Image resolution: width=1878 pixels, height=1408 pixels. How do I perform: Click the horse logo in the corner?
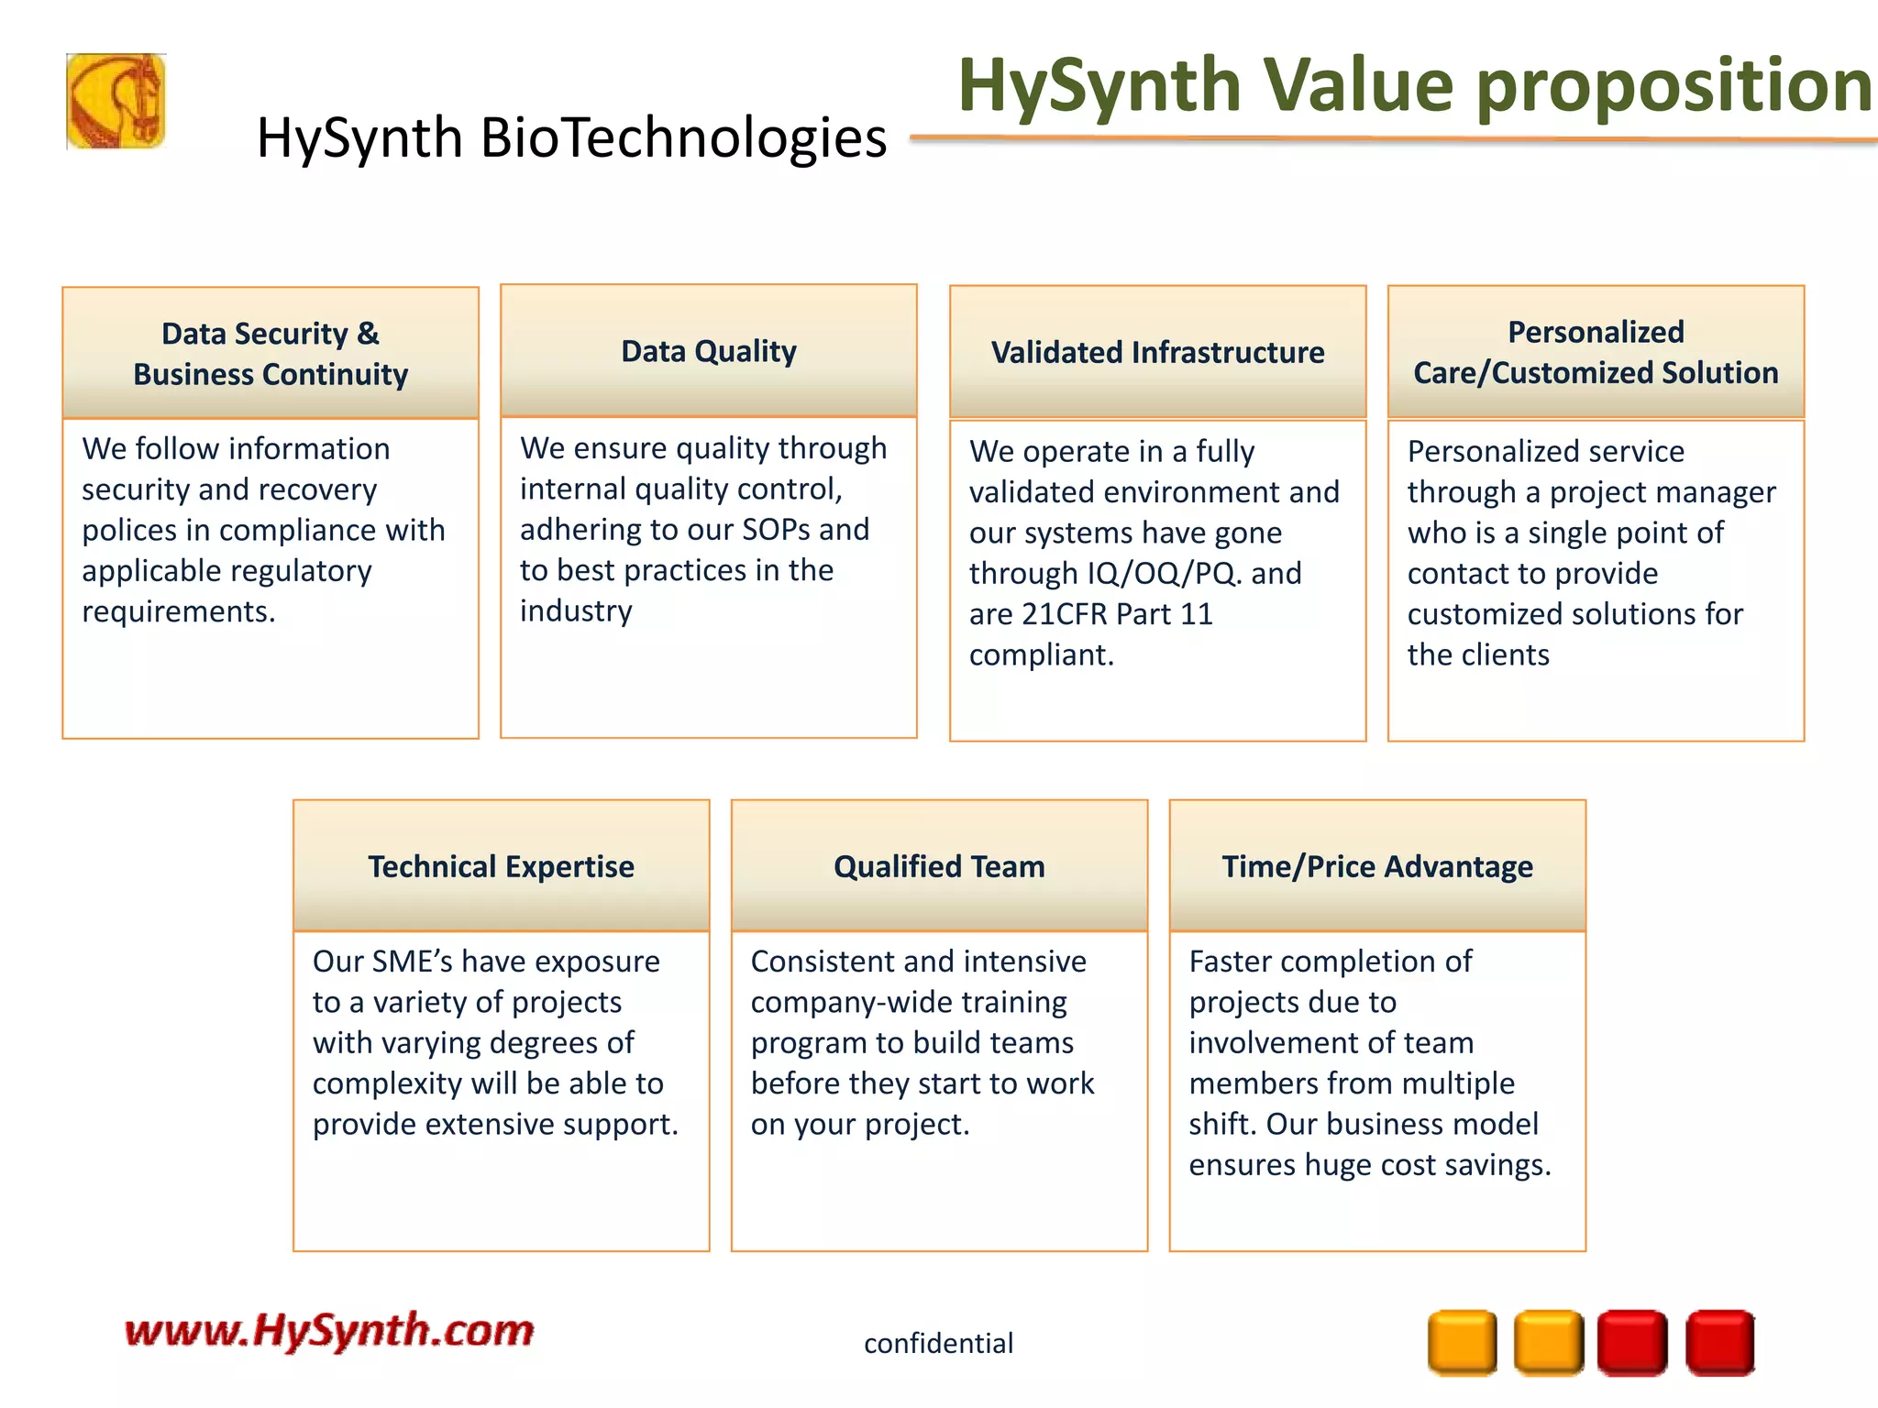point(116,101)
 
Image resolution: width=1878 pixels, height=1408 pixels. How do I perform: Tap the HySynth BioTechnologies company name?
point(571,138)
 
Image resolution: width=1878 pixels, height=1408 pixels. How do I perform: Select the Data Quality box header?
point(709,351)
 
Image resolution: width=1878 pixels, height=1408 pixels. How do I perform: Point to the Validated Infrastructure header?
point(1157,352)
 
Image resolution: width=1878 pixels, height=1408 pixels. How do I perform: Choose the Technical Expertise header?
point(501,866)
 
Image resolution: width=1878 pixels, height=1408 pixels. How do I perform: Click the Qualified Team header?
point(939,866)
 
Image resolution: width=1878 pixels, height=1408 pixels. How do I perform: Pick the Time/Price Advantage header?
point(1377,866)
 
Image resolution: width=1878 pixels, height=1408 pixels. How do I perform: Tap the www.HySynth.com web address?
point(329,1330)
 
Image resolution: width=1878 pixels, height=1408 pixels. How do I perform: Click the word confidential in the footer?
point(938,1343)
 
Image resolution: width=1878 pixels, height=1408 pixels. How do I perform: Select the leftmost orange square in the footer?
point(1462,1343)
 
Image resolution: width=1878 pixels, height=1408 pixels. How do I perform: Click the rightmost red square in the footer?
point(1720,1343)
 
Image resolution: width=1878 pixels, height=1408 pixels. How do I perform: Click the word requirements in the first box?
point(178,611)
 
